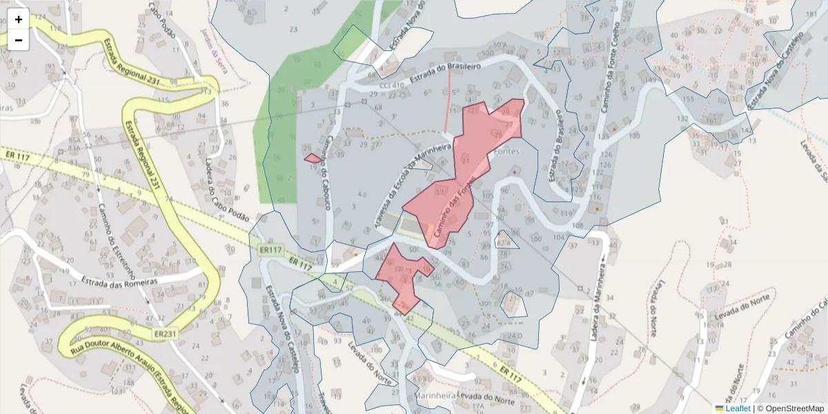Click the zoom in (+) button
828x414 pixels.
tap(19, 19)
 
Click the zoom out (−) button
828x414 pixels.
tap(19, 40)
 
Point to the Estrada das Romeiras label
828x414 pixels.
tap(119, 282)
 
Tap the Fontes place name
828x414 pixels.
tap(506, 151)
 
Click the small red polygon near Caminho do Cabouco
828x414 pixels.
tap(313, 159)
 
